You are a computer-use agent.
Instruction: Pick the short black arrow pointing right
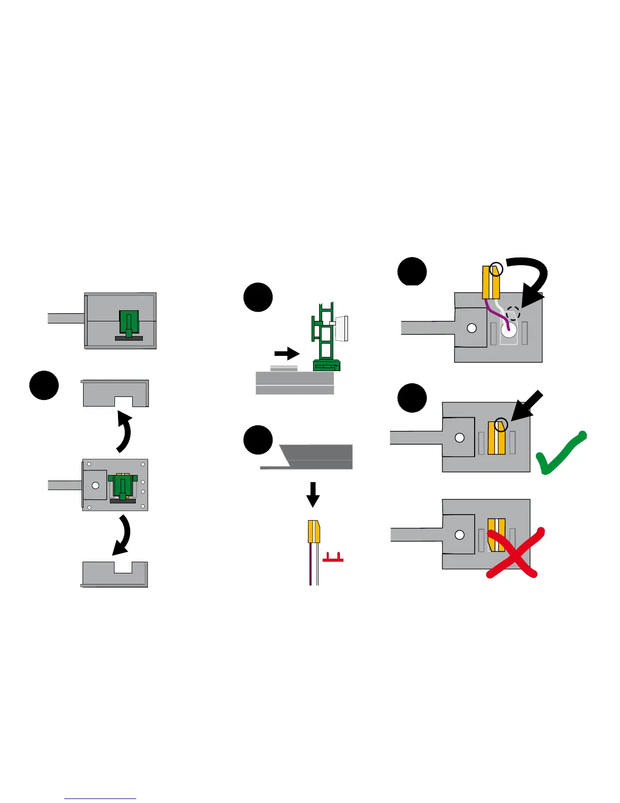point(287,353)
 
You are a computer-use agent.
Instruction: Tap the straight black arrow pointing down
point(313,494)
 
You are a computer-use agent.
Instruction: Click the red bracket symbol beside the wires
point(333,558)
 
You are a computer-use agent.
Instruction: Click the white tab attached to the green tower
point(341,328)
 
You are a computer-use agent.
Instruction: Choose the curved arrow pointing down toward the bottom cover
point(122,535)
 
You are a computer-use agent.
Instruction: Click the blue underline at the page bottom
point(100,798)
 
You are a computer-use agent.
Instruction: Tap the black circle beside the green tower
point(258,297)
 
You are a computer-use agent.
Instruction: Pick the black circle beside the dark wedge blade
point(258,440)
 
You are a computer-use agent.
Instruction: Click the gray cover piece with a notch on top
point(115,574)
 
